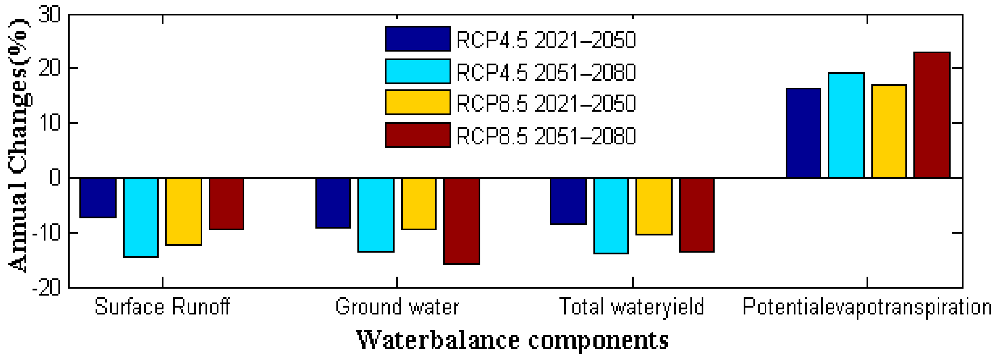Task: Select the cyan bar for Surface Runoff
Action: (x=140, y=217)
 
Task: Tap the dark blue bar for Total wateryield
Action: (x=568, y=201)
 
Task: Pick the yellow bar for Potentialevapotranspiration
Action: (x=889, y=131)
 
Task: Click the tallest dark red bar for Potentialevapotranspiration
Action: (x=932, y=115)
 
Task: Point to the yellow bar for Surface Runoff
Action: (x=183, y=211)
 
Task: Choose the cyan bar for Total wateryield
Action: (x=611, y=216)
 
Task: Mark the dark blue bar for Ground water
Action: (x=333, y=203)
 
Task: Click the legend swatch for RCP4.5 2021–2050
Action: (x=418, y=39)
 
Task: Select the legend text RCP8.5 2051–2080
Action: (x=546, y=136)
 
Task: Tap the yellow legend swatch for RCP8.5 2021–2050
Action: (x=418, y=103)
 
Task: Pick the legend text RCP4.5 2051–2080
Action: (x=546, y=72)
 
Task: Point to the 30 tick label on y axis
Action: (x=49, y=15)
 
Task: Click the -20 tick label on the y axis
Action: (x=46, y=288)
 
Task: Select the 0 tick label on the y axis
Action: (x=55, y=178)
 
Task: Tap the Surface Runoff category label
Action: (x=162, y=307)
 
